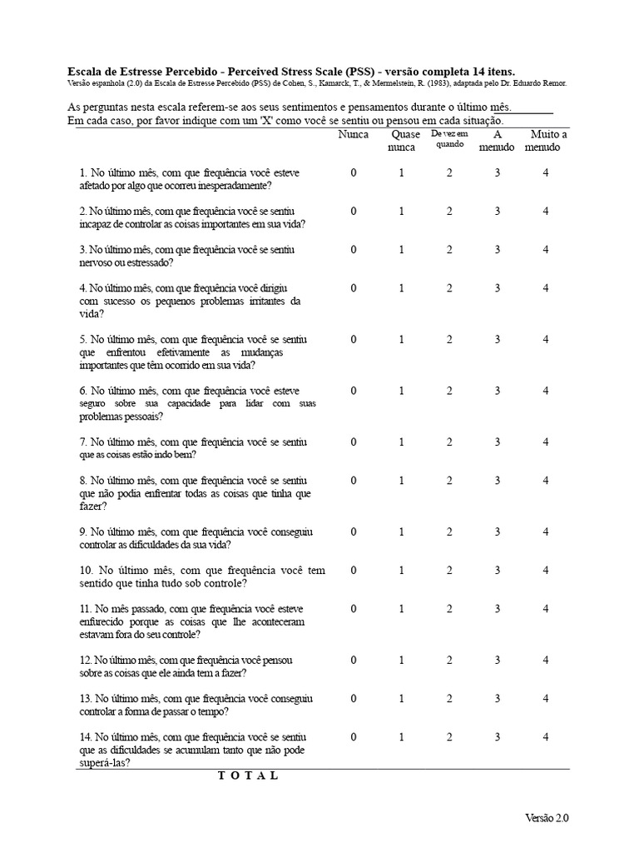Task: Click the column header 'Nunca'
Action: pyautogui.click(x=353, y=134)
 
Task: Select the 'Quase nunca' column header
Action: pyautogui.click(x=401, y=141)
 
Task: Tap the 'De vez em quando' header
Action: pyautogui.click(x=449, y=138)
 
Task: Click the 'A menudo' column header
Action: pyautogui.click(x=497, y=141)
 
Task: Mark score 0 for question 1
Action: pyautogui.click(x=353, y=172)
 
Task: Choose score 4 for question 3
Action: pyautogui.click(x=546, y=250)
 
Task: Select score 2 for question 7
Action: pyautogui.click(x=449, y=442)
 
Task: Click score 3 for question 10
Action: pyautogui.click(x=497, y=571)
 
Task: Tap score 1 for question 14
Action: pyautogui.click(x=401, y=737)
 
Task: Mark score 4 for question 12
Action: pyautogui.click(x=546, y=661)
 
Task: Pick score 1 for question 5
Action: pyautogui.click(x=401, y=340)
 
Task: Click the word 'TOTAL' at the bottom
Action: pyautogui.click(x=248, y=776)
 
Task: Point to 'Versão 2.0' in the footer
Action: pyautogui.click(x=547, y=818)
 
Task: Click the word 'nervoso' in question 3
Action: pyautogui.click(x=97, y=262)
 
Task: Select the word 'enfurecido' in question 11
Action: pyautogui.click(x=106, y=621)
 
